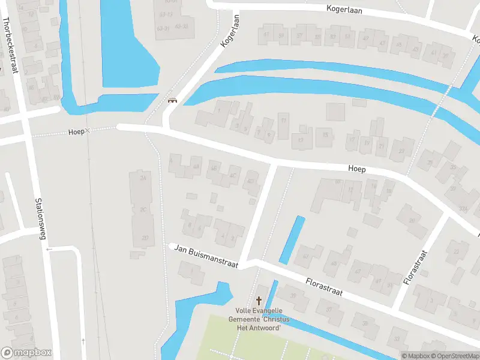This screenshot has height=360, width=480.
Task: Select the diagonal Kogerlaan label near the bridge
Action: point(230,31)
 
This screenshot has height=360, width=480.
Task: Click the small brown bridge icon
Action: point(172,100)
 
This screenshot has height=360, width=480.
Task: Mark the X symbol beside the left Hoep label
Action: point(88,130)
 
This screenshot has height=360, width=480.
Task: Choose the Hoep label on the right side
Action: point(356,170)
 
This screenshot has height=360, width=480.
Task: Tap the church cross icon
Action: point(259,300)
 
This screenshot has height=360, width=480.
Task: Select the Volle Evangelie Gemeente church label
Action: point(262,315)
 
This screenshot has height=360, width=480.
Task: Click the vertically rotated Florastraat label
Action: point(415,267)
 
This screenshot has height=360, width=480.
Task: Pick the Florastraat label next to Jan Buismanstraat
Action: point(323,286)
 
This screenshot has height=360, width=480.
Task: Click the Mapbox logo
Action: point(26,352)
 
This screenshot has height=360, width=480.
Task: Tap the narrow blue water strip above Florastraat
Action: point(292,239)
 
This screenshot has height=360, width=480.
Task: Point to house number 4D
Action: point(250,181)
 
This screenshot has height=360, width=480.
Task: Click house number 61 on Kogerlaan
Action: point(347,36)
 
